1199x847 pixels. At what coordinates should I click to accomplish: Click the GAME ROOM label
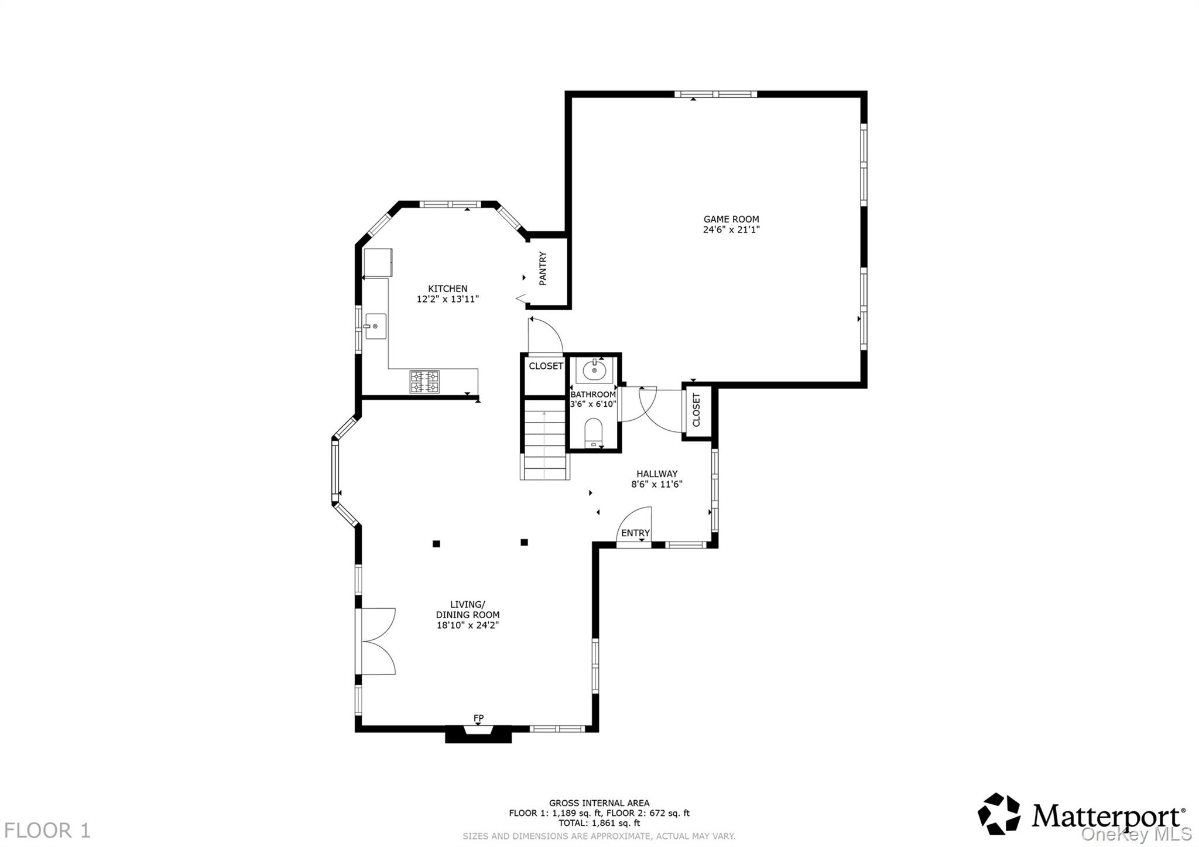(x=731, y=220)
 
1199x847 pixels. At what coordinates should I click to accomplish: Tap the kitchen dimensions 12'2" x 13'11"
(x=448, y=299)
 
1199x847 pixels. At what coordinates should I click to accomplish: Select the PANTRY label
(x=543, y=269)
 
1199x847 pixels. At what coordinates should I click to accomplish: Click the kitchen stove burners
(x=424, y=382)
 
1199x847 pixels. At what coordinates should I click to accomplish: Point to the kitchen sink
(x=375, y=326)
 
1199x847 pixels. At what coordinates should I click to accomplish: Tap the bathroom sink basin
(x=594, y=370)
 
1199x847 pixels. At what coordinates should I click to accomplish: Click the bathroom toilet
(x=594, y=433)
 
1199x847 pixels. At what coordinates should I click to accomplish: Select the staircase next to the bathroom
(x=544, y=439)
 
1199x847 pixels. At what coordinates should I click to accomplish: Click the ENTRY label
(x=635, y=533)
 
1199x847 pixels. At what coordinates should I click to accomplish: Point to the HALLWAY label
(x=657, y=474)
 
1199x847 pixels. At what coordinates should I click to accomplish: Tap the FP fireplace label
(x=478, y=718)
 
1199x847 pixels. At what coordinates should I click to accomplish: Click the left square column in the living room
(x=436, y=544)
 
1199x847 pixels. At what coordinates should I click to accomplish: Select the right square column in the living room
(x=524, y=543)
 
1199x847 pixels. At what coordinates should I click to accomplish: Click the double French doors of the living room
(x=376, y=642)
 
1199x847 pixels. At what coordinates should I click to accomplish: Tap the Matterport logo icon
(x=999, y=814)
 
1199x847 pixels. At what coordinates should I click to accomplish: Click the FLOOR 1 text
(x=47, y=831)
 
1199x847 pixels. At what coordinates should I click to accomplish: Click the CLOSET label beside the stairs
(x=546, y=366)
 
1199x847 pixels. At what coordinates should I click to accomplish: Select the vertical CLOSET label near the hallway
(x=696, y=410)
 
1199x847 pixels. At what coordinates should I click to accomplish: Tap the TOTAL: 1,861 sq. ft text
(x=599, y=822)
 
